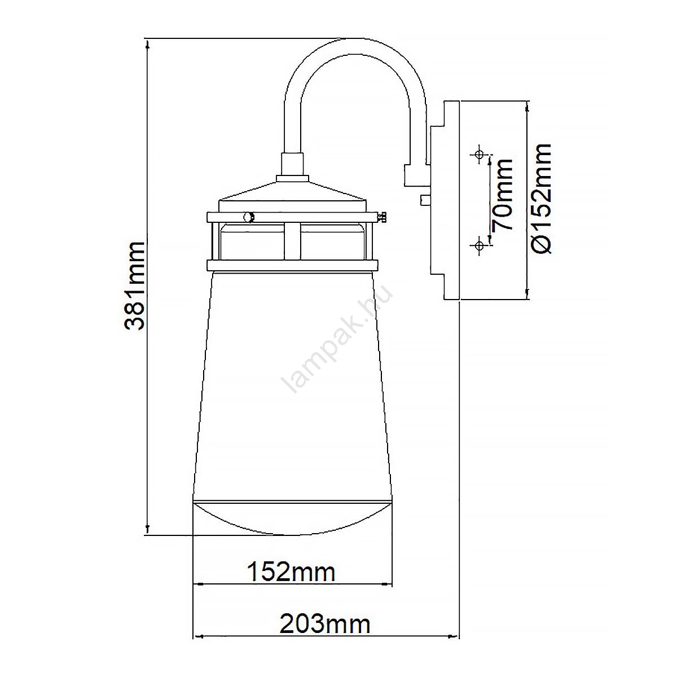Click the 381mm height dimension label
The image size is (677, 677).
[135, 285]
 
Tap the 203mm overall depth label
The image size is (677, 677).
[325, 625]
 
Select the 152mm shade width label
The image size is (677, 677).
[291, 572]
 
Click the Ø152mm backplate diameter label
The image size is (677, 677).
[540, 198]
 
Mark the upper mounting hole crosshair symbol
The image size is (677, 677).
[478, 154]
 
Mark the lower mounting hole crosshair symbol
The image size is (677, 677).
[478, 245]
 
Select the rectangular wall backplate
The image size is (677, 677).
[451, 200]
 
